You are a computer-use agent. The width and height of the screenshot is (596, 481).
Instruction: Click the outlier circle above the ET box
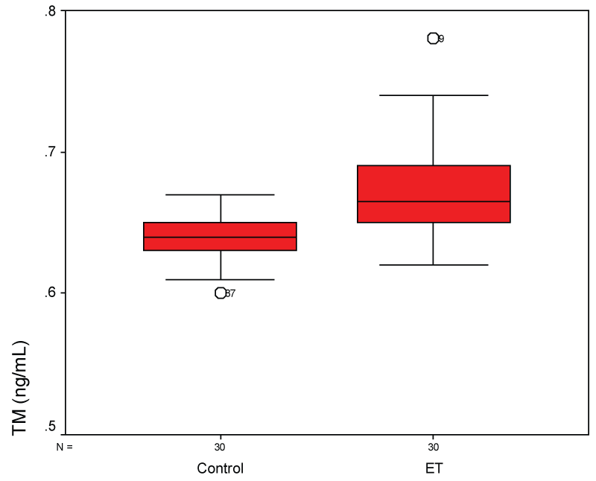(433, 39)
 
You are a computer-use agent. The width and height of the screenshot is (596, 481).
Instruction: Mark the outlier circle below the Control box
(221, 293)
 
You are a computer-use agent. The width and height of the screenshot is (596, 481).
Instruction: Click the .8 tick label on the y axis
(49, 11)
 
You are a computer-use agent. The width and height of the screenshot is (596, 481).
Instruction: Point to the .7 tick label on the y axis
(49, 153)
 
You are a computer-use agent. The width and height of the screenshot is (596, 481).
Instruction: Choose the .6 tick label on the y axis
(49, 293)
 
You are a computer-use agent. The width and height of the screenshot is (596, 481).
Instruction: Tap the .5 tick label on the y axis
(49, 427)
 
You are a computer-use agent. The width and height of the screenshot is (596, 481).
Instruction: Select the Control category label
(221, 469)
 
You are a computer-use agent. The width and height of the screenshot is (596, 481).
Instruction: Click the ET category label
(433, 469)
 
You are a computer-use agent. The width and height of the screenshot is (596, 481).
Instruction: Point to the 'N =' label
(66, 447)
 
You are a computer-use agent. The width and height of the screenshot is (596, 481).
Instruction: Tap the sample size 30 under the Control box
(221, 447)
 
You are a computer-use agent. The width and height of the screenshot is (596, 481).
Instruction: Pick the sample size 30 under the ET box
(433, 447)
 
